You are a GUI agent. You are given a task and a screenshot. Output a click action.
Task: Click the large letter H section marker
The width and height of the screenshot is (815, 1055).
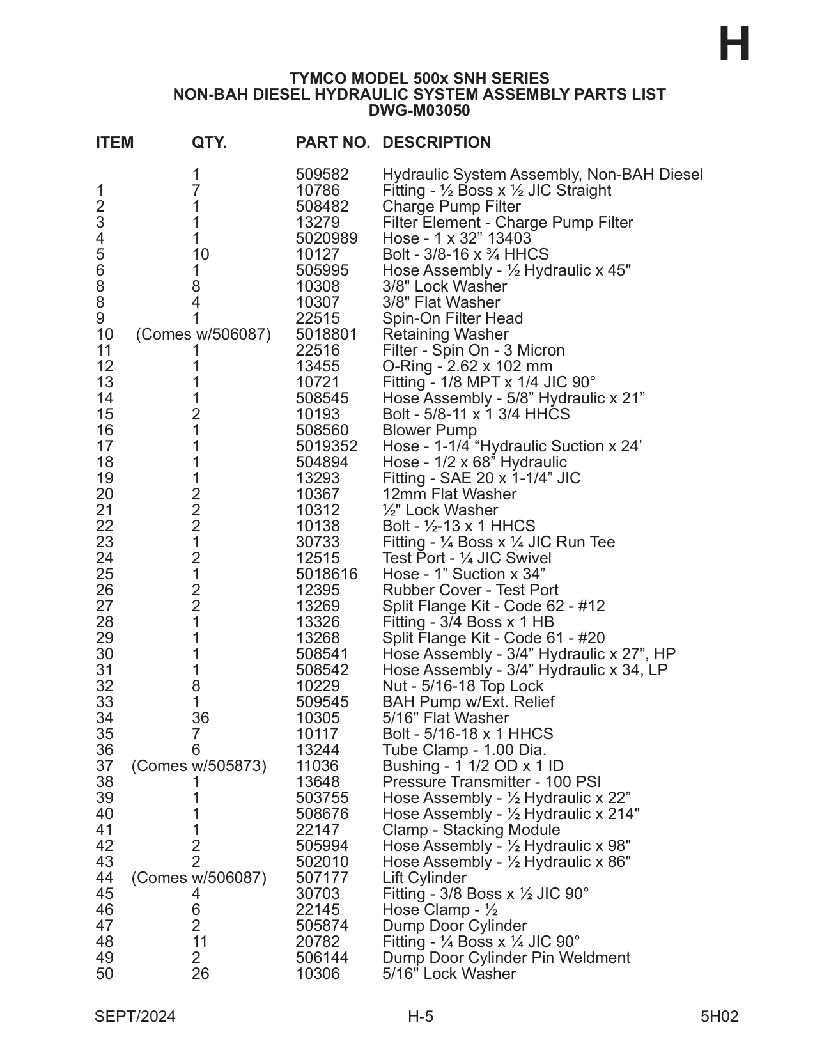734,45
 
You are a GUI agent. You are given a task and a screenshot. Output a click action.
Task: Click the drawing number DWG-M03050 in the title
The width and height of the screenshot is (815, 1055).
419,111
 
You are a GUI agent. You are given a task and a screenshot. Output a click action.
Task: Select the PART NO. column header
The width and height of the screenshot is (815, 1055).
332,143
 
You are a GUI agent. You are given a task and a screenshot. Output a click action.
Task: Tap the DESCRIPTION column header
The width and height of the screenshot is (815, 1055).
437,143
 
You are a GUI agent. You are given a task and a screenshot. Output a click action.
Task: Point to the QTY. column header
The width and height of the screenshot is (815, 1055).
209,143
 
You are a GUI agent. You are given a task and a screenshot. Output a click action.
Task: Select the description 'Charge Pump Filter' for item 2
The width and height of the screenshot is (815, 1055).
451,207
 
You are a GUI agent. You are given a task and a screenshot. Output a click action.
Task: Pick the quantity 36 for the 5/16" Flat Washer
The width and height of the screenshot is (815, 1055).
200,718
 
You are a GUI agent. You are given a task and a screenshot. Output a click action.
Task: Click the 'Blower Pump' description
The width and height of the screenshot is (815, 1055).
430,430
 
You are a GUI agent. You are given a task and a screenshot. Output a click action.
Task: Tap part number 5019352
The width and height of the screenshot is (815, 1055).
327,446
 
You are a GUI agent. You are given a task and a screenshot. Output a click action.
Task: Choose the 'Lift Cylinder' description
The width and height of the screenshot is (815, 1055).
424,878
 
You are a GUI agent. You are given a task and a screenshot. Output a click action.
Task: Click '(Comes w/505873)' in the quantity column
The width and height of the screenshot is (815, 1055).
199,766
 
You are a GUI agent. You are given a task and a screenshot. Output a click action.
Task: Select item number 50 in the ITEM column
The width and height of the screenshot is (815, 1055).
104,974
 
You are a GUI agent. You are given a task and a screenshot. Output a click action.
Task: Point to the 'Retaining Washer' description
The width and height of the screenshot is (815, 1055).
446,334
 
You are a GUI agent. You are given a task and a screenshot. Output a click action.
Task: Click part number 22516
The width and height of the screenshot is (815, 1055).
318,350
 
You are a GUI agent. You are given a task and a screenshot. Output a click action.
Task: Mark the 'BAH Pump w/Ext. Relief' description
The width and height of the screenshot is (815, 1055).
469,702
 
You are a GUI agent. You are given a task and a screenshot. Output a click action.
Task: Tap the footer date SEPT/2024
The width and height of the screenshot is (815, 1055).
135,1017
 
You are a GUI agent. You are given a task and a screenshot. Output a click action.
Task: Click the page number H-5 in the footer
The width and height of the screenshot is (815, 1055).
421,1017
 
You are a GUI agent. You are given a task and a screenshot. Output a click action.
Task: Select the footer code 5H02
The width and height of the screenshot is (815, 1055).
719,1017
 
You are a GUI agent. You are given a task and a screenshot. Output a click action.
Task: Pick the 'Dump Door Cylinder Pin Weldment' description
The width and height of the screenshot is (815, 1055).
506,958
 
